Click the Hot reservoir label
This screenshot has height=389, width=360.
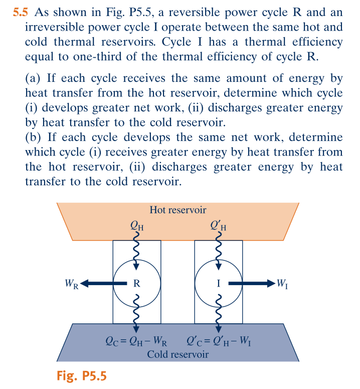(x=177, y=210)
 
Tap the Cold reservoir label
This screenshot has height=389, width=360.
(x=177, y=355)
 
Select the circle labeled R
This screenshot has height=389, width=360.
(x=136, y=283)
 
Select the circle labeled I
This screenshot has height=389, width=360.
(x=218, y=283)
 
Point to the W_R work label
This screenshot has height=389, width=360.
(x=72, y=284)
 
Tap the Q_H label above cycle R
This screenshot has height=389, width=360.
(x=137, y=225)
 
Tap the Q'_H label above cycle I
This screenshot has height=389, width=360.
(x=219, y=225)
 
